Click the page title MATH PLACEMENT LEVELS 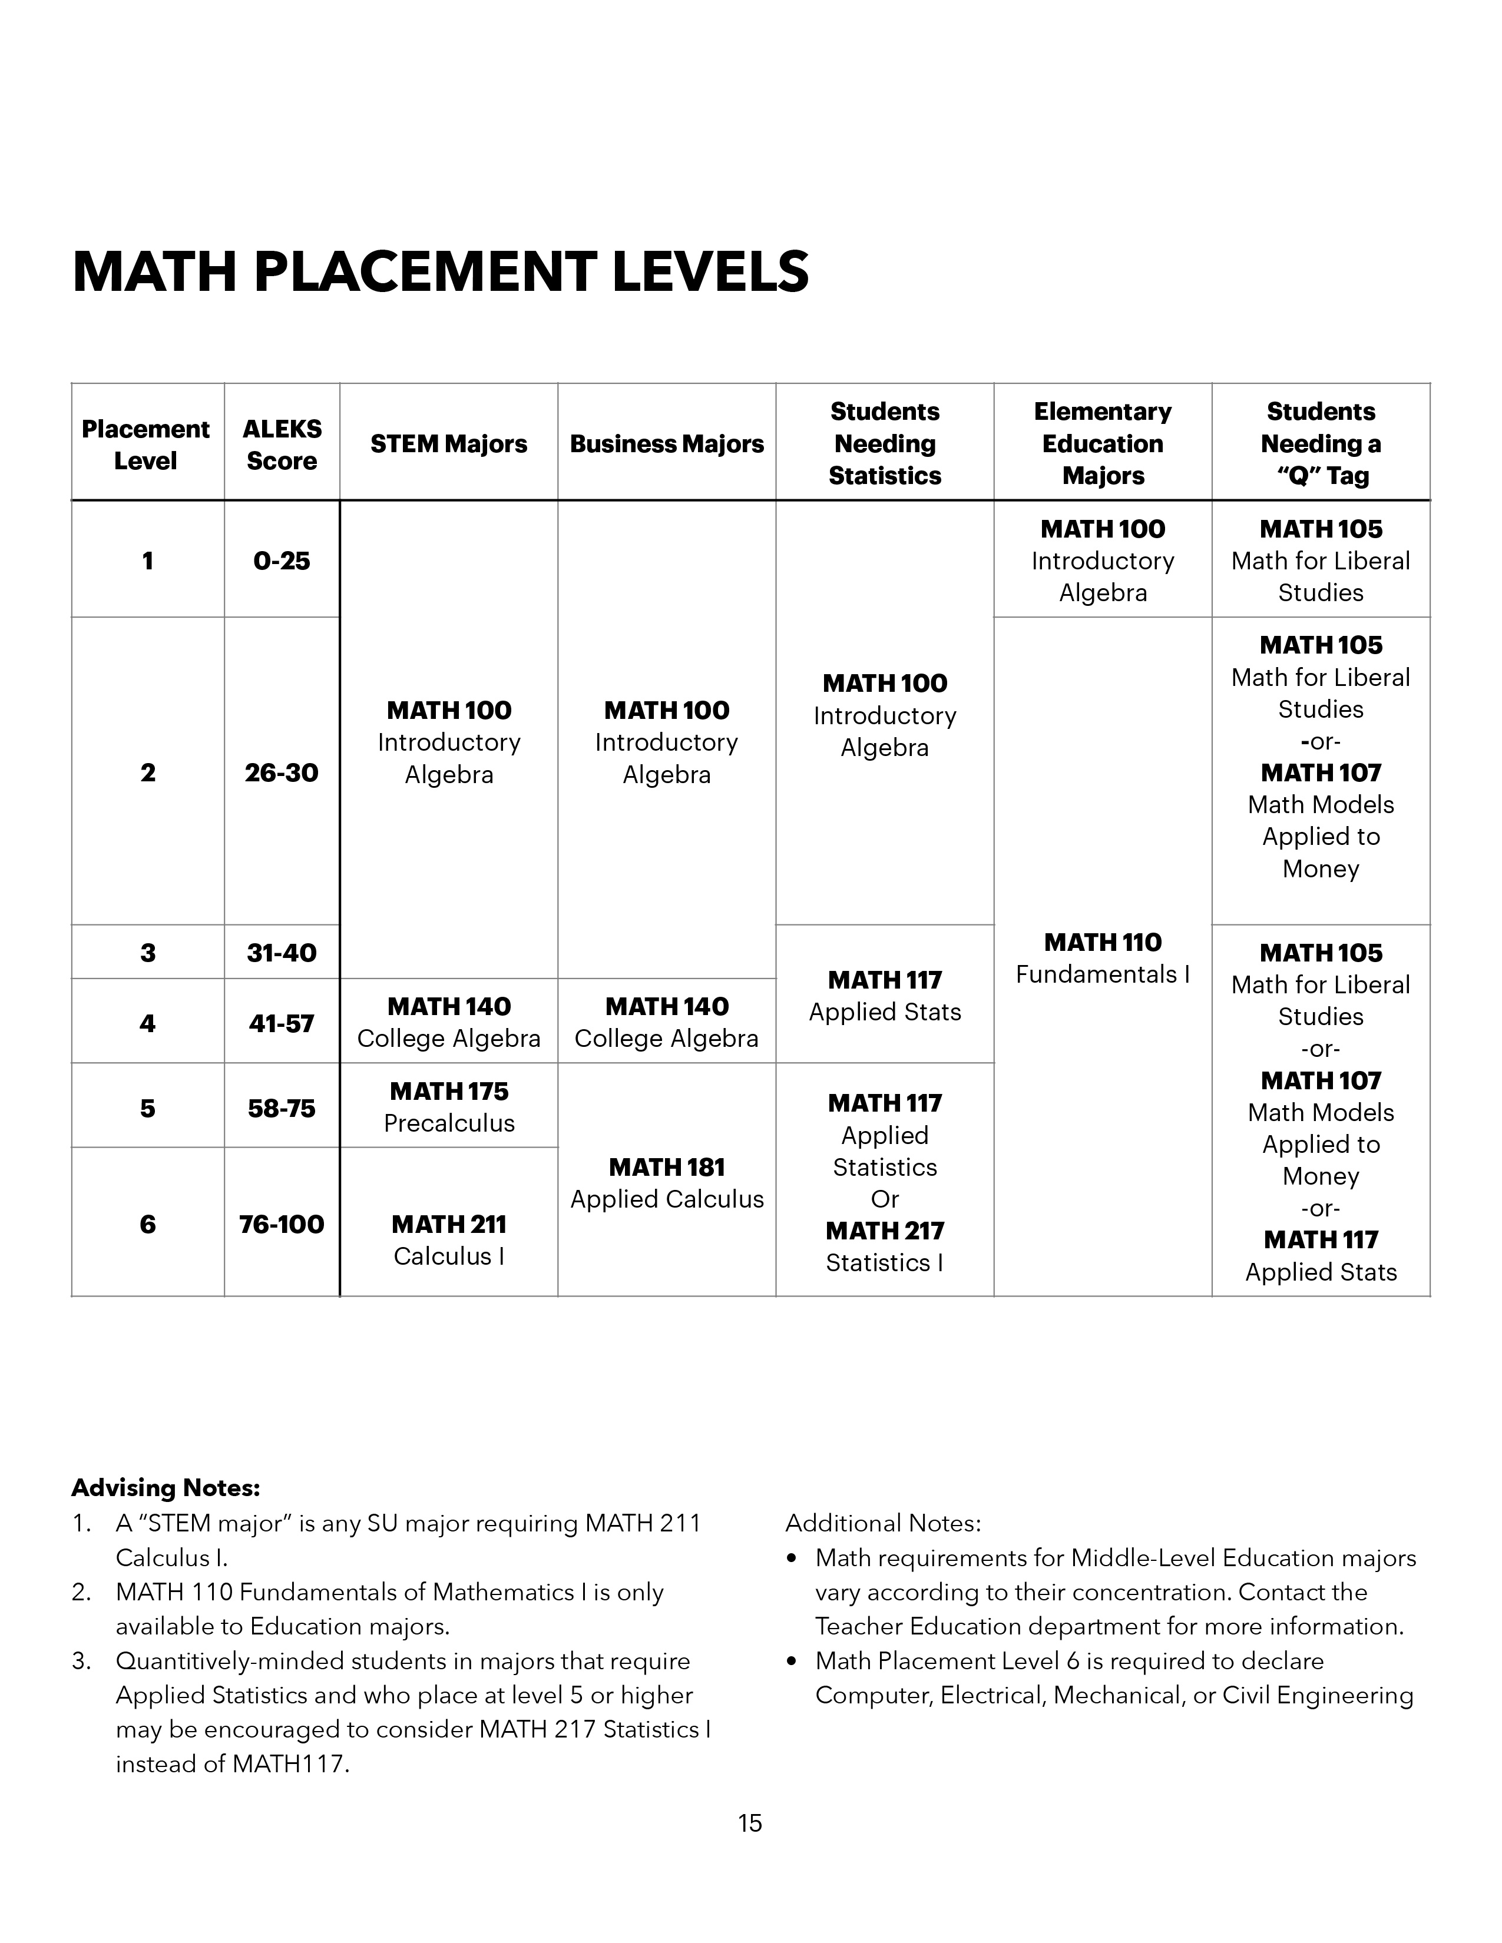click(441, 271)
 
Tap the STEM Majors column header click(448, 444)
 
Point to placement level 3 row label click(148, 953)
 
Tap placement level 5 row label click(148, 1108)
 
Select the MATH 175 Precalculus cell click(448, 1107)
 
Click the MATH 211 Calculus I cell click(448, 1240)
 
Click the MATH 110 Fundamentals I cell click(1103, 958)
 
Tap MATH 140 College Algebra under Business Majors click(666, 1022)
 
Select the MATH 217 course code click(885, 1231)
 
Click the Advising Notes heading click(166, 1487)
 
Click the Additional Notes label click(883, 1523)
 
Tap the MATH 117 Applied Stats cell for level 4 click(885, 996)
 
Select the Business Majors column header click(666, 444)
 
